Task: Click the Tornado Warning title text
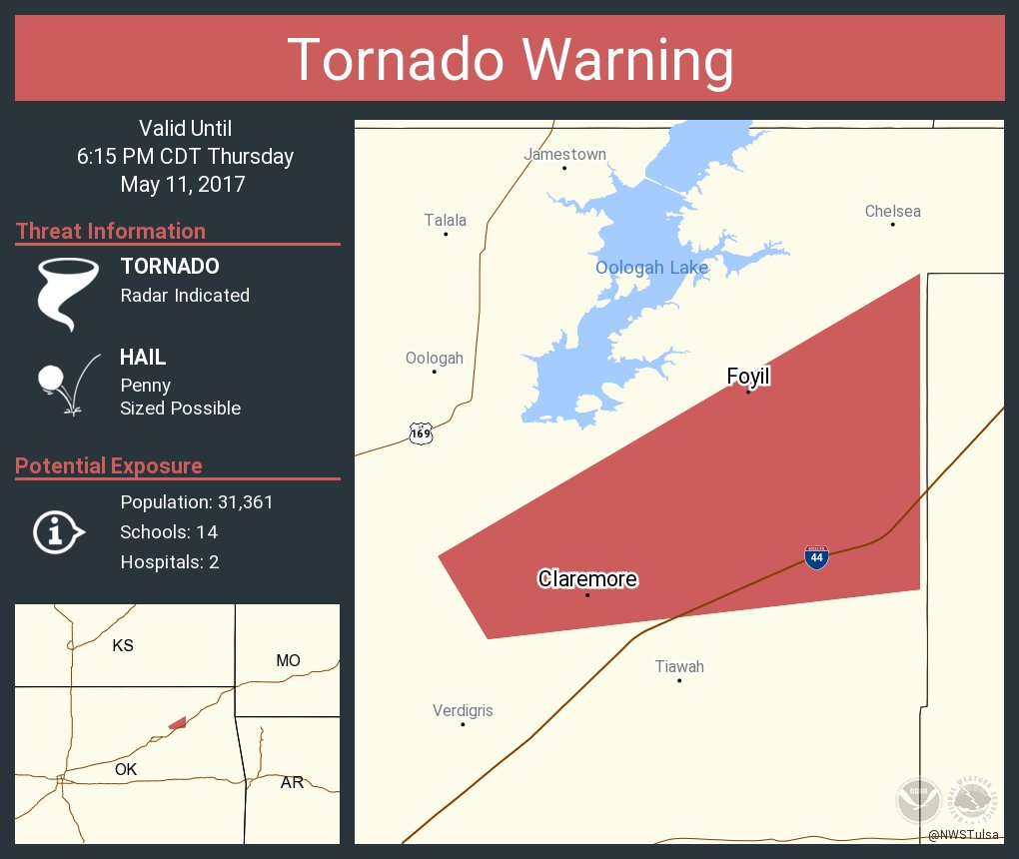click(x=510, y=60)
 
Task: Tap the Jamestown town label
click(x=564, y=154)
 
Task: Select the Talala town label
click(x=445, y=220)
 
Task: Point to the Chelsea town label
click(x=892, y=211)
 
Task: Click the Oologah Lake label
click(x=651, y=267)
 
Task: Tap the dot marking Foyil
click(x=747, y=392)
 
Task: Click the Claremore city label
click(x=587, y=579)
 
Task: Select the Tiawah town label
click(x=679, y=666)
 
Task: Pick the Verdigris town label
click(x=463, y=710)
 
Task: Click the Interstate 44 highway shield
click(x=816, y=557)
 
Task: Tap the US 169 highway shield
click(x=421, y=433)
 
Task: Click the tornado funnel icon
click(x=67, y=293)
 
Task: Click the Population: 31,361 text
click(x=197, y=501)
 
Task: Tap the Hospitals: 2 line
click(x=170, y=561)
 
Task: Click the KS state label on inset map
click(x=123, y=645)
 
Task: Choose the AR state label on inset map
click(x=292, y=782)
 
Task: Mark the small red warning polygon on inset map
click(x=178, y=722)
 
